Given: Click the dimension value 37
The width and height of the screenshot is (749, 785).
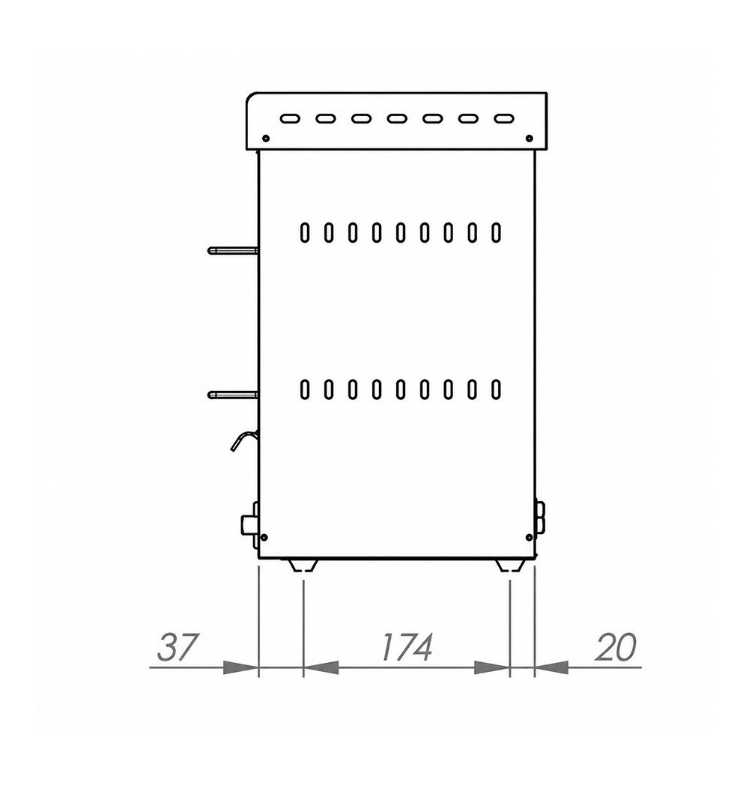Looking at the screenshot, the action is coord(178,647).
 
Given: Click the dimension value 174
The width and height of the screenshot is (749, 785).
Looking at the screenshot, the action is coord(406,647).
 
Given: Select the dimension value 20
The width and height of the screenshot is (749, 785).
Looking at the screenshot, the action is coord(616,647).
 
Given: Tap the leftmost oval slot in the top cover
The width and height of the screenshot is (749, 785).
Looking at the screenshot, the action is coord(290,119).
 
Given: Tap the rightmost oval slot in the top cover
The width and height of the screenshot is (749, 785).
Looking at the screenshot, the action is coord(504,119).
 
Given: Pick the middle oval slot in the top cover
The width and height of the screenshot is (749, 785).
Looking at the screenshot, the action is coord(397,119).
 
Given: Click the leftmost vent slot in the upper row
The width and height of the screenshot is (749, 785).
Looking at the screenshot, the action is coord(304,233).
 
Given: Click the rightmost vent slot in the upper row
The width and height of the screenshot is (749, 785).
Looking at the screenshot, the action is coord(496,233).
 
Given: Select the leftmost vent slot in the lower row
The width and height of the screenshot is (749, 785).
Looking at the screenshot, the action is coord(304,390).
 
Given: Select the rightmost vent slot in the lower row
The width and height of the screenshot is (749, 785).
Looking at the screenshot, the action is coord(496,390).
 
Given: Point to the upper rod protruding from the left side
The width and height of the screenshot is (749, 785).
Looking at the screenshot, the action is coord(233,250).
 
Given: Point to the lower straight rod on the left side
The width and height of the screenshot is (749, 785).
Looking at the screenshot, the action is coord(233,395).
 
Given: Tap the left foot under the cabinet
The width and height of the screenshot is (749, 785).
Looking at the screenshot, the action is coord(303,565).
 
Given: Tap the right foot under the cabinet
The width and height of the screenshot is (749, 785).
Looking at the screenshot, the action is coord(511,565).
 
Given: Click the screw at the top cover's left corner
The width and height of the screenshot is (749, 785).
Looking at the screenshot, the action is coord(266,138).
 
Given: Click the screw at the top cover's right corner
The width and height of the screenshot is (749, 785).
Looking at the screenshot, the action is coord(529,138).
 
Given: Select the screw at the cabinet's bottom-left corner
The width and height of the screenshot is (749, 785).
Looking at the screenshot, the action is coord(265,538).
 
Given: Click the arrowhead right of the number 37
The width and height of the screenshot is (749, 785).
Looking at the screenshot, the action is coord(240,667).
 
